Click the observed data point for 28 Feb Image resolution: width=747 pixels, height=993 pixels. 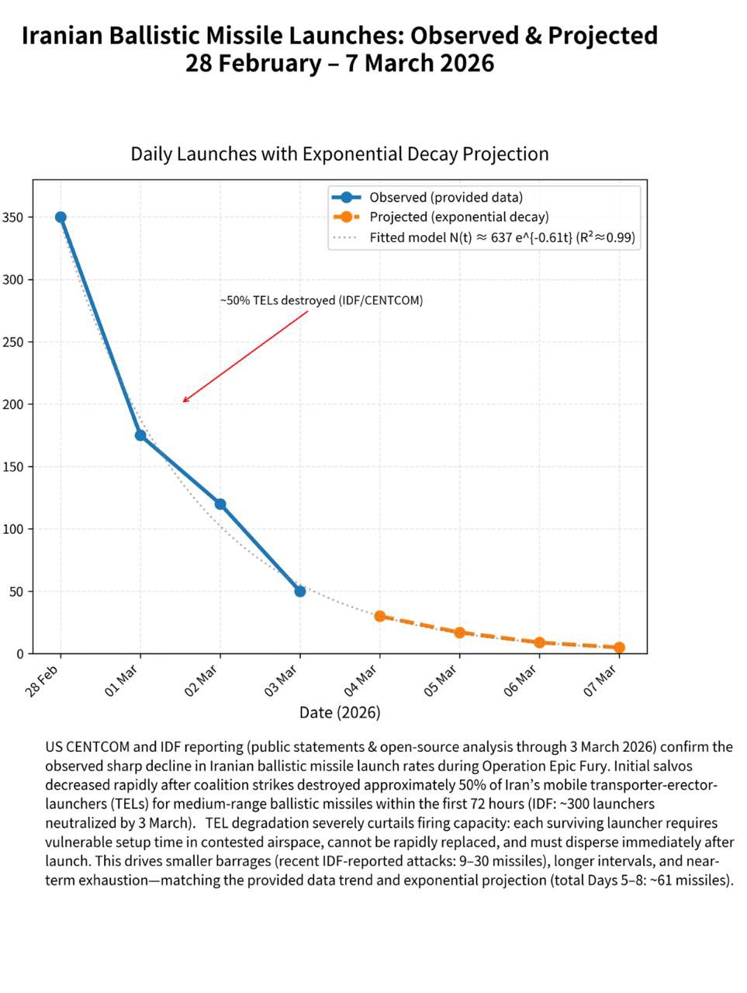coord(61,217)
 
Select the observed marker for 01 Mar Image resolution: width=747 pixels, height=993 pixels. coord(140,435)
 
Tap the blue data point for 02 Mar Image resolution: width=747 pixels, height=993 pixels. coord(220,504)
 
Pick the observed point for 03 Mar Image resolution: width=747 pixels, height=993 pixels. coord(300,591)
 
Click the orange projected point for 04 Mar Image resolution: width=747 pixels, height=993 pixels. coord(380,616)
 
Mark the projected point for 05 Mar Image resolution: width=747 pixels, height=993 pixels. coord(459,632)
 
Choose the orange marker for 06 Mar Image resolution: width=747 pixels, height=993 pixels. coord(539,642)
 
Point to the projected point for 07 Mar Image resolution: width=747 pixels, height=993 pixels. coord(619,648)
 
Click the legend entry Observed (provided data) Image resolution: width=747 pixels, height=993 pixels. coord(445,197)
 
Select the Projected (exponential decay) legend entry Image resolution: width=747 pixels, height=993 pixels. coord(458,217)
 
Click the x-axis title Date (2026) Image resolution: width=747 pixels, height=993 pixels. coord(340,712)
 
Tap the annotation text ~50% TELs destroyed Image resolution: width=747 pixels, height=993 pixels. coord(321,300)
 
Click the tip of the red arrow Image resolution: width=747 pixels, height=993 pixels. coord(183,402)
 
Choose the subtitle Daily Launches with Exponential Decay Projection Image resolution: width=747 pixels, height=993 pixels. coord(340,154)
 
